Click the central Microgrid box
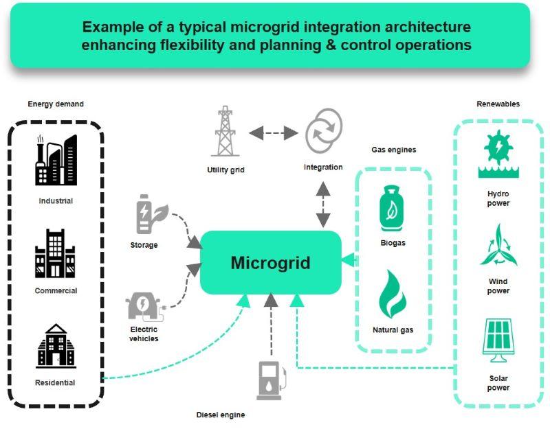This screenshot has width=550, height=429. pos(270,263)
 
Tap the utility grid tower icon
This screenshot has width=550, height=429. pos(225,132)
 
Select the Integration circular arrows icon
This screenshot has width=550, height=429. pos(322,132)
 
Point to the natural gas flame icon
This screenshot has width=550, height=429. pos(393,294)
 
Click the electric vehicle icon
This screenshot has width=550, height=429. pos(145,306)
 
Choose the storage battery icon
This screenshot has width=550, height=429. pos(148,214)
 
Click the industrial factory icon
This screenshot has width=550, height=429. pos(56,161)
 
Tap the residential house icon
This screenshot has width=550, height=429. pos(56,346)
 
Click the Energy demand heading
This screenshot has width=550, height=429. pos(56,104)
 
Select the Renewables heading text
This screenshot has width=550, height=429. pos(498,104)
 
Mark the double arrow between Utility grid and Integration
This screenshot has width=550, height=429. pos(273,132)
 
